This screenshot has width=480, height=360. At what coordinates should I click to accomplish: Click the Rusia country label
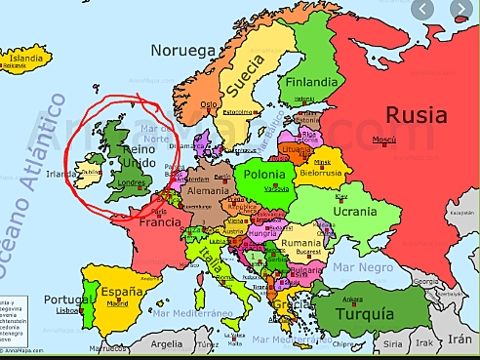point(417,115)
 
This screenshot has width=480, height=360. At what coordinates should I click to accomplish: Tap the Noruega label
point(182,48)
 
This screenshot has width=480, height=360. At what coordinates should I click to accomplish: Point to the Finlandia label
point(312,81)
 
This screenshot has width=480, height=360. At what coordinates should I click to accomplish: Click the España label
point(123,291)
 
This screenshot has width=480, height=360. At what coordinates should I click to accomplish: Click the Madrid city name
point(118,303)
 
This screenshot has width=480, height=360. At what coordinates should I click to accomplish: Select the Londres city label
point(130,181)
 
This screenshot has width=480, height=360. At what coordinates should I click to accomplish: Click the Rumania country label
point(300,241)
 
